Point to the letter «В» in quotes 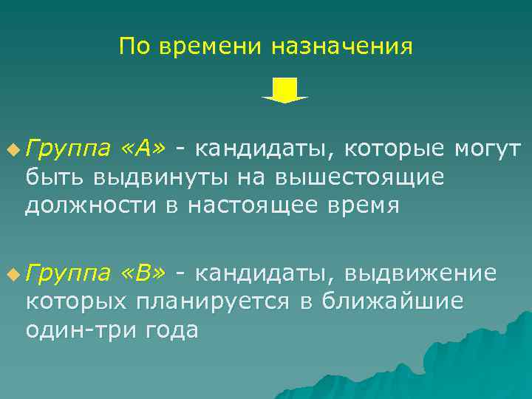pyautogui.click(x=146, y=274)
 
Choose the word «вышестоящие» pyautogui.click(x=359, y=178)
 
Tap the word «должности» pyautogui.click(x=87, y=205)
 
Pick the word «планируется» pyautogui.click(x=214, y=302)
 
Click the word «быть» pyautogui.click(x=55, y=178)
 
